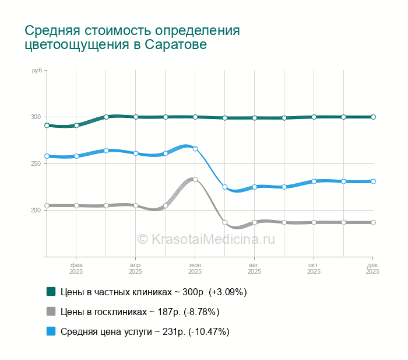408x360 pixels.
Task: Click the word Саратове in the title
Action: point(176,44)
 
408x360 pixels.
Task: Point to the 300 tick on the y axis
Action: point(36,117)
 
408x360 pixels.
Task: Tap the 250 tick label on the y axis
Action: point(36,163)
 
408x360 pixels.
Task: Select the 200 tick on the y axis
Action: point(36,210)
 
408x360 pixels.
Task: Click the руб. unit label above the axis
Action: point(37,70)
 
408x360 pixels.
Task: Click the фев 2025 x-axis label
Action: point(76,268)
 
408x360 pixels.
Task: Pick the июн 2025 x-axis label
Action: point(195,268)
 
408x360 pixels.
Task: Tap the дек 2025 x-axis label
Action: point(373,268)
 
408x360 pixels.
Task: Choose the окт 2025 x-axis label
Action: point(314,268)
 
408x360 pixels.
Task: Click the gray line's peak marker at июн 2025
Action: point(195,179)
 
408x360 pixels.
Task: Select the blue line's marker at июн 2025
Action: point(195,149)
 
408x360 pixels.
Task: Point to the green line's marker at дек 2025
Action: point(373,117)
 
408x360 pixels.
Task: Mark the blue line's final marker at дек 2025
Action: point(373,181)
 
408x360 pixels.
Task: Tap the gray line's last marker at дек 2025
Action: point(373,222)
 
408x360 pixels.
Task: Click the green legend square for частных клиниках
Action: point(51,291)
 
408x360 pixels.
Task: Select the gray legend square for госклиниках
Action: point(51,311)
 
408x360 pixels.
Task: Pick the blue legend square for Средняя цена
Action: point(51,331)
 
